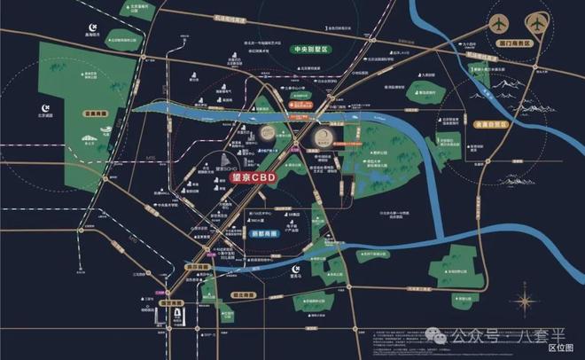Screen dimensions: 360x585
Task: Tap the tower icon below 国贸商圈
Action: coord(180,317)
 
